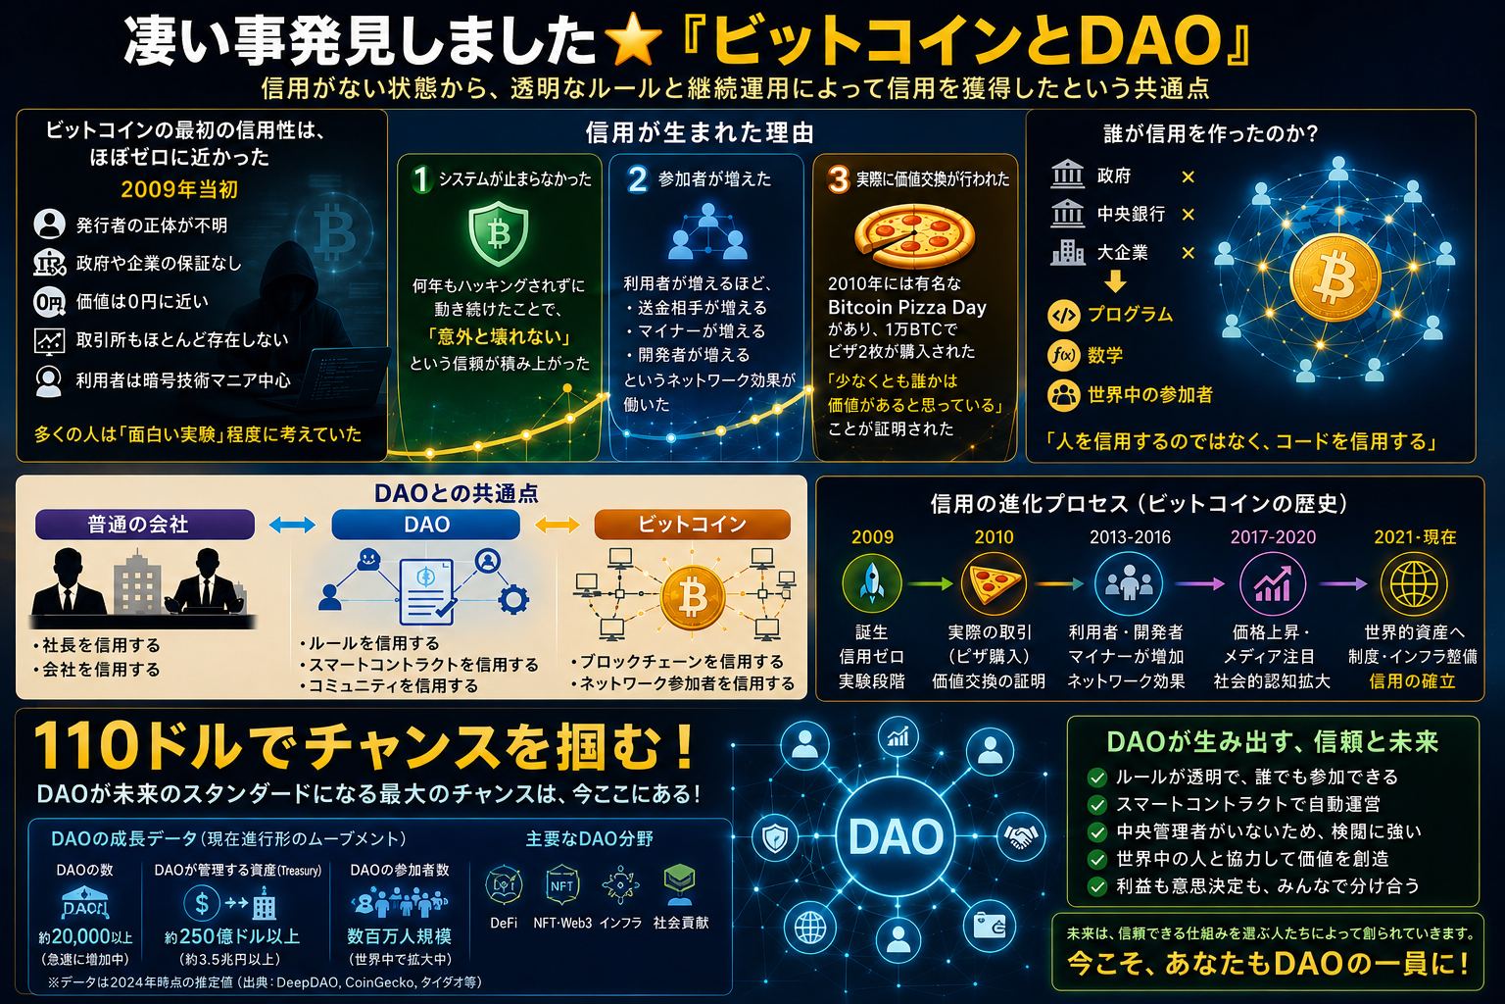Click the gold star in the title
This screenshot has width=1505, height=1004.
point(633,39)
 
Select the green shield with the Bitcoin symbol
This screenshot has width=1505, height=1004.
point(498,234)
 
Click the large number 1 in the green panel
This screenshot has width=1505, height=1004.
point(421,178)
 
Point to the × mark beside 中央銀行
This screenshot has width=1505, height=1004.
point(1188,215)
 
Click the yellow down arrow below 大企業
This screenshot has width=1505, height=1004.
point(1115,280)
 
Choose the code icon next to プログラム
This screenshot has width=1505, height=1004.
point(1063,316)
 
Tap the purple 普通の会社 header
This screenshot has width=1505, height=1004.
point(144,524)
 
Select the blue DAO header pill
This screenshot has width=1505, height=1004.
point(426,524)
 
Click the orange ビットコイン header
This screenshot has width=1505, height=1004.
point(692,524)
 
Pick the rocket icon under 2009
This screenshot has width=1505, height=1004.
point(872,583)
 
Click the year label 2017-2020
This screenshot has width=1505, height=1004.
point(1273,536)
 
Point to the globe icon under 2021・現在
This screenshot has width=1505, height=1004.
point(1413,583)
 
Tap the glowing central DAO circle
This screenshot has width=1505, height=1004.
point(896,836)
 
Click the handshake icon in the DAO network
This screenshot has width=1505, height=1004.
point(1021,836)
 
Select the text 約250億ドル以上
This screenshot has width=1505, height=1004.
point(232,936)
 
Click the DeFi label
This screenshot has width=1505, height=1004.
point(504,924)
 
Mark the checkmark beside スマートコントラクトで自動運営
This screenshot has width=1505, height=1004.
point(1097,804)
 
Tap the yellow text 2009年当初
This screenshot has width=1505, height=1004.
point(179,189)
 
